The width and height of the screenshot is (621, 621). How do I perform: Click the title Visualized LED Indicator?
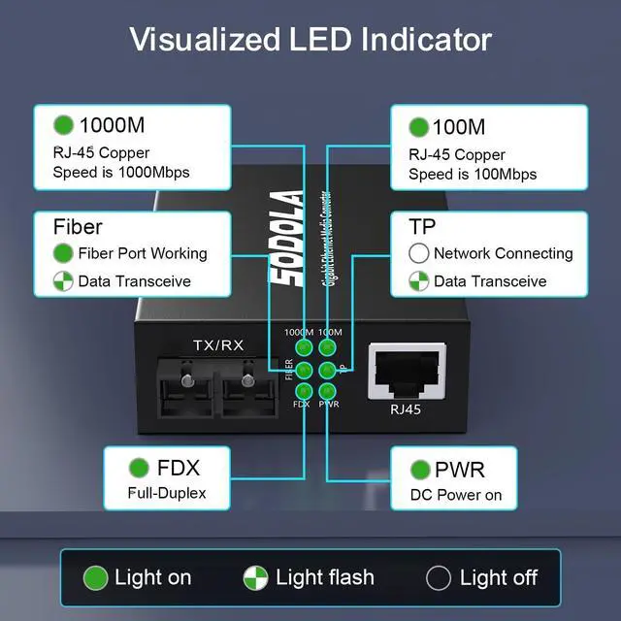click(310, 40)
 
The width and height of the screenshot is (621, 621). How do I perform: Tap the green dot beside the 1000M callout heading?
click(64, 126)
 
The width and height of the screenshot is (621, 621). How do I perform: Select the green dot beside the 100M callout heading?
click(419, 127)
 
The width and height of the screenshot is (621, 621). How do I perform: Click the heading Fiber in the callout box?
click(78, 227)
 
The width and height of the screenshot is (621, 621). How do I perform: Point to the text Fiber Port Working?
click(143, 253)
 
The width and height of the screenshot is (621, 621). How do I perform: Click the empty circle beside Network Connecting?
click(419, 253)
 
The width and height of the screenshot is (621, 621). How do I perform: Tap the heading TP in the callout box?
click(422, 227)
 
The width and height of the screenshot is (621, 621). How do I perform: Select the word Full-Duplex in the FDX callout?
click(167, 493)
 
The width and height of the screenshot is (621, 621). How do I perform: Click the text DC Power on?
click(455, 495)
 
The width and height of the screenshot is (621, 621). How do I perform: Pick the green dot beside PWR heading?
click(419, 470)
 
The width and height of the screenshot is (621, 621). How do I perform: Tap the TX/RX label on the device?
click(218, 344)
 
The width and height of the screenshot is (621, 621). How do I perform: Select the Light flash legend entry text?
click(325, 578)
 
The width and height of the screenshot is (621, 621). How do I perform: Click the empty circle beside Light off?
click(439, 578)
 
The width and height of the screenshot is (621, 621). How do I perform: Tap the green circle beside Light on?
click(95, 578)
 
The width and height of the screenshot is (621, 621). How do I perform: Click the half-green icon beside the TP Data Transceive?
click(419, 281)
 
